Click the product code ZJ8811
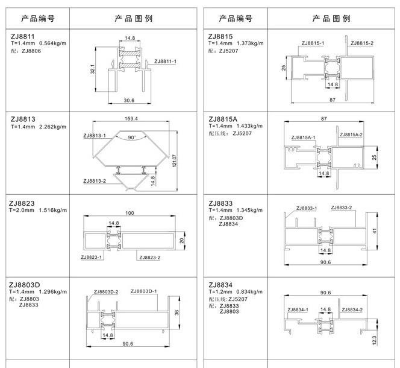pos(22,37)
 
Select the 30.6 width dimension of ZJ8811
pos(129,100)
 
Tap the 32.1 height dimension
pos(92,69)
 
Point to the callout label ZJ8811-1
pos(165,62)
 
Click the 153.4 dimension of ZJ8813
pos(131,119)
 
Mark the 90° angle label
pos(132,138)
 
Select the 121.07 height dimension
pos(174,160)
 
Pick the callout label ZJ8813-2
pos(95,181)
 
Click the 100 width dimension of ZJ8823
pos(130,213)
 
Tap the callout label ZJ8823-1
pos(92,257)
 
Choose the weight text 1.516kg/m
pos(53,210)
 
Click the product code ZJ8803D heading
pos(25,285)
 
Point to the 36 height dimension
pos(177,312)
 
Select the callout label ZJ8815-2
pos(362,43)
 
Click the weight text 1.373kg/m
pos(250,43)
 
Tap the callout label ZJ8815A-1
pos(304,138)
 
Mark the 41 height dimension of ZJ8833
pos(374,231)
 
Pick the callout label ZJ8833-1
pos(307,208)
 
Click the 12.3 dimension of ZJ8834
pos(374,340)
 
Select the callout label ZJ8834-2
pos(352,309)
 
